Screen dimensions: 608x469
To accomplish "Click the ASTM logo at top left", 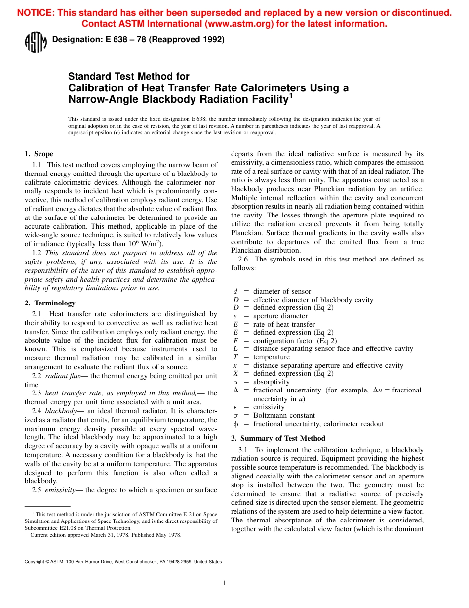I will pos(35,42).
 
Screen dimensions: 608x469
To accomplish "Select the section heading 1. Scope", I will pos(39,154).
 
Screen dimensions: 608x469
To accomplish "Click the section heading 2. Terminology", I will pos(50,303).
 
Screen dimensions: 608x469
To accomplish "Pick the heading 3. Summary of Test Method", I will pos(278,438).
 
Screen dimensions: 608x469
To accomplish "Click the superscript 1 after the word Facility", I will pos(291,96).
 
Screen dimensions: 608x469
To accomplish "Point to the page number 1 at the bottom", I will pos(224,583).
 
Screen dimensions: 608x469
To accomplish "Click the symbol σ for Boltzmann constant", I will pos(235,416).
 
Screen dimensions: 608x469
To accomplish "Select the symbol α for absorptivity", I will pos(235,382).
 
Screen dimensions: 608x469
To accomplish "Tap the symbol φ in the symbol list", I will pos(235,424).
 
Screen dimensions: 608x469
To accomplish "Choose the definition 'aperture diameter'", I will pos(280,316).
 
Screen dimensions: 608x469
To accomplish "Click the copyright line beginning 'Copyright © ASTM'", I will pos(123,561).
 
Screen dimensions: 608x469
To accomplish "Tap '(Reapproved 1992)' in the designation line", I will pos(191,40).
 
